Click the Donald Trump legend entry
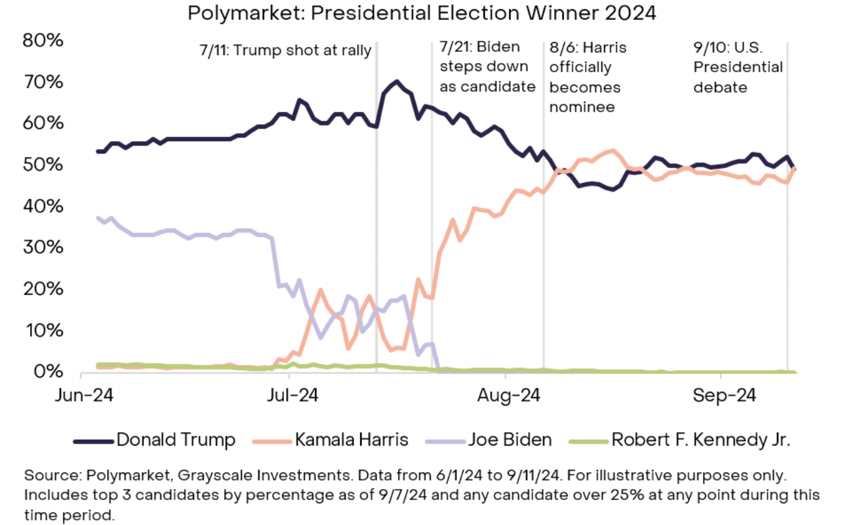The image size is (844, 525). (175, 439)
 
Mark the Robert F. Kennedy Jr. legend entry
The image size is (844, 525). (700, 439)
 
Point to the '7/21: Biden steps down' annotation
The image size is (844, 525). (487, 66)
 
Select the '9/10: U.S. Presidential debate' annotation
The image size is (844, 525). (738, 66)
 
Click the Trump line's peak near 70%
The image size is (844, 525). (396, 82)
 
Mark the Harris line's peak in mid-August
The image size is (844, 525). (612, 151)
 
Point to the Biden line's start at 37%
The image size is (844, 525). (98, 218)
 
